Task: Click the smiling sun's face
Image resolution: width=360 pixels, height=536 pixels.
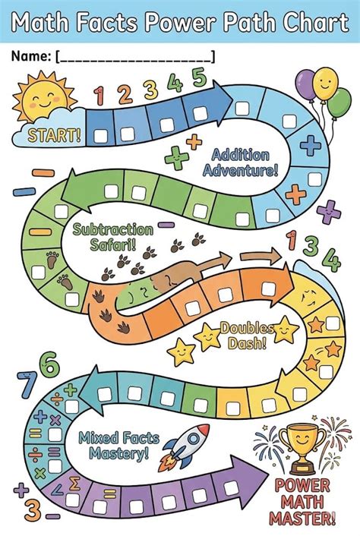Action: pos(45,99)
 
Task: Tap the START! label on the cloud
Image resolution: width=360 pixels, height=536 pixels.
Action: pos(55,135)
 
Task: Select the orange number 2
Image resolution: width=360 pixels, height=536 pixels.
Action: pos(125,94)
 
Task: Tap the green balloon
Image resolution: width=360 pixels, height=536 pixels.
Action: pos(339,103)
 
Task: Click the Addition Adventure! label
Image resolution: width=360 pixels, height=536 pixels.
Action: pos(240,162)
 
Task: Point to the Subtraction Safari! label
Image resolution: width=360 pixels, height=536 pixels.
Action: pos(113,237)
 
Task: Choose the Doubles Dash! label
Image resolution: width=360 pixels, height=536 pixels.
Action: pos(247,336)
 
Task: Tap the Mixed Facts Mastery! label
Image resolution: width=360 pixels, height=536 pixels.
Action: pos(119,446)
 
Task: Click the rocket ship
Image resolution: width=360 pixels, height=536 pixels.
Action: pos(185,447)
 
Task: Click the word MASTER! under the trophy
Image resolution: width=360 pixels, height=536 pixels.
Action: pos(302,518)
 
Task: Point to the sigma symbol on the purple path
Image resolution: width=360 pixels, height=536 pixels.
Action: pos(74,484)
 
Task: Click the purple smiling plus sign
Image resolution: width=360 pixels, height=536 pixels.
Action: pos(329,213)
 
